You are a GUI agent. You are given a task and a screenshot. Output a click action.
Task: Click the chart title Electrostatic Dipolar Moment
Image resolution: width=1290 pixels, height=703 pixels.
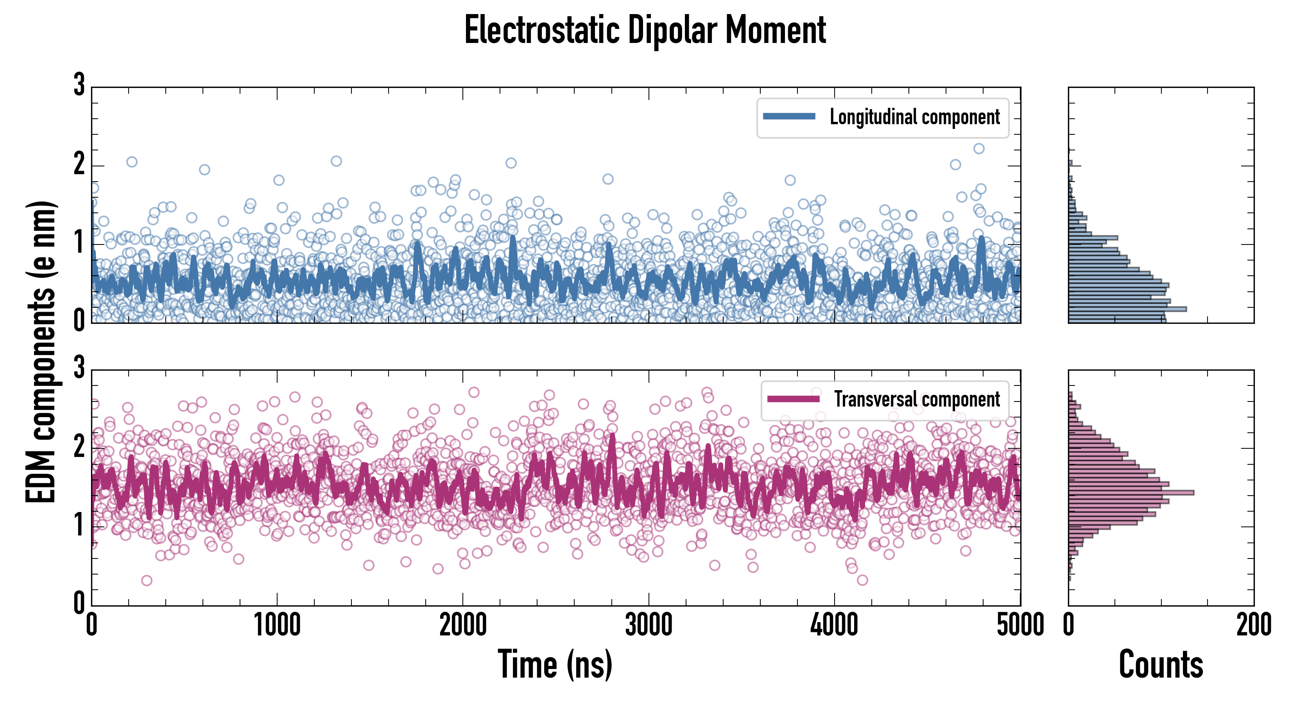coord(645,30)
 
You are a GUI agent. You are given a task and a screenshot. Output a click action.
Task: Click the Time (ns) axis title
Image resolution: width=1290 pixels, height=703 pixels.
coord(555,664)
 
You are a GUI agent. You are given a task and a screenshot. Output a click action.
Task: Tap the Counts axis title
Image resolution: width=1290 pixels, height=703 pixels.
coord(1161,664)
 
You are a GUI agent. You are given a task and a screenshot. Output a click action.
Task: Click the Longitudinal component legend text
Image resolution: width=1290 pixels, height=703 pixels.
coord(914,117)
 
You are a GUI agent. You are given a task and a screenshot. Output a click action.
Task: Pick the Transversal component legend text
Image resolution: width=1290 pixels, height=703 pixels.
coord(916,399)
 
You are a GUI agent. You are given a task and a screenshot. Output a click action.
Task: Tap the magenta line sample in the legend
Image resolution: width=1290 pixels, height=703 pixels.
coord(793,399)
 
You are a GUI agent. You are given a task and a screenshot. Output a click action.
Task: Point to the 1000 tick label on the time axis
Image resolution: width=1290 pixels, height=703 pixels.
coord(277,625)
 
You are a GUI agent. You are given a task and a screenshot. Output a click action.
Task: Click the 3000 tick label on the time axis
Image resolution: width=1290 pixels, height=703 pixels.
coord(649,625)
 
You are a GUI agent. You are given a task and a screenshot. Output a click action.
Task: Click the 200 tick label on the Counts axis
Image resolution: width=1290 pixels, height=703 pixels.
coord(1253,625)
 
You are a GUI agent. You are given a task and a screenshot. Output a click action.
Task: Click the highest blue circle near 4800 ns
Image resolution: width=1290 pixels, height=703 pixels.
coord(978,148)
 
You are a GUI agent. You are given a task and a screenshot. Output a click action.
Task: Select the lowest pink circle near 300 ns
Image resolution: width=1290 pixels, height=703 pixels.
coord(147,580)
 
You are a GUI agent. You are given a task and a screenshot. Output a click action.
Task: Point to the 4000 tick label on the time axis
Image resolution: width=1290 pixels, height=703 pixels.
coord(834,625)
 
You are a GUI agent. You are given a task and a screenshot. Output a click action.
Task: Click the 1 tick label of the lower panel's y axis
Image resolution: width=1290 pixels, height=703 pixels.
coord(79,525)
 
